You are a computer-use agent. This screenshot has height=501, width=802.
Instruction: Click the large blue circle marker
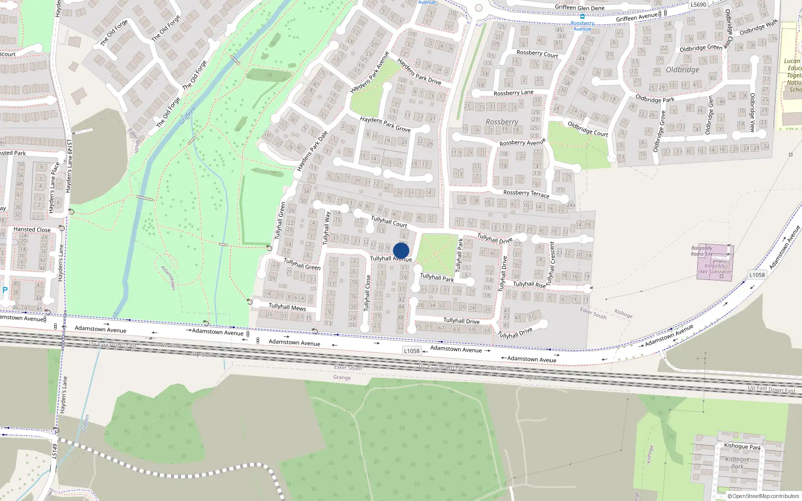click(401, 250)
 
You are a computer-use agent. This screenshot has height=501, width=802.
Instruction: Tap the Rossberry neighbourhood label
click(502, 122)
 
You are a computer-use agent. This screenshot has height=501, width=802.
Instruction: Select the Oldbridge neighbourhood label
click(682, 70)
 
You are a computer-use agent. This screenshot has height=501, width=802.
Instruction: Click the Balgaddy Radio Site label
click(702, 251)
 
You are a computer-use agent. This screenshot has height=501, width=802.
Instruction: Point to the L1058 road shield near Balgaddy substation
click(757, 275)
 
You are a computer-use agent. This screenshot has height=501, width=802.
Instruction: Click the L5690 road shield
click(698, 5)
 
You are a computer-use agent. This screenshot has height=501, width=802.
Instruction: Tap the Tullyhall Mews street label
click(287, 307)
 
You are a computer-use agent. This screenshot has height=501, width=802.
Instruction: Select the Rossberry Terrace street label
click(526, 193)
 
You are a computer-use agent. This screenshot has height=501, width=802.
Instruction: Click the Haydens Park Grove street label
click(385, 124)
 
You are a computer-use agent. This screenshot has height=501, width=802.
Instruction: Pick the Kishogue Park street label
click(742, 446)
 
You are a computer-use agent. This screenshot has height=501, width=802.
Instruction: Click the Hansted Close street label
click(32, 229)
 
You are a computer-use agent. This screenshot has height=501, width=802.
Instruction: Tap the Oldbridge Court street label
click(587, 129)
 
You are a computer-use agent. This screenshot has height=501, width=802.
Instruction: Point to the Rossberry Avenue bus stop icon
click(582, 16)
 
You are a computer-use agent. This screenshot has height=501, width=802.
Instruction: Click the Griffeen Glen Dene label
click(579, 8)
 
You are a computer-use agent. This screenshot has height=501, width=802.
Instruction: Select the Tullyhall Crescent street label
click(552, 263)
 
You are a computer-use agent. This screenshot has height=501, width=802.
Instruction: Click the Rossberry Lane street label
click(513, 93)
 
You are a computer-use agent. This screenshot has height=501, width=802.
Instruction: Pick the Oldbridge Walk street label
click(758, 28)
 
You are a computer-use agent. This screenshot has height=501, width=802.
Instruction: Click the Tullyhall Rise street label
click(529, 284)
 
